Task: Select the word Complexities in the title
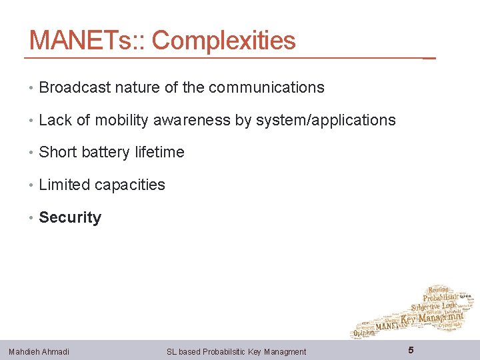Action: (224, 41)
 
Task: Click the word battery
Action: (105, 152)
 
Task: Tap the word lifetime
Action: (159, 152)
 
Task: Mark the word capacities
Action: (129, 185)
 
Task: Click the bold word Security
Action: (70, 217)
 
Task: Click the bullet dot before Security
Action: (32, 218)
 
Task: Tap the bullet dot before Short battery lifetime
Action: (32, 153)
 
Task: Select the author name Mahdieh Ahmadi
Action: (39, 351)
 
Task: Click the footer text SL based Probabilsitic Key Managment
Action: (236, 351)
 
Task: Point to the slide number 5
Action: (411, 350)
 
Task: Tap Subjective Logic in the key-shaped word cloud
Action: (435, 306)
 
